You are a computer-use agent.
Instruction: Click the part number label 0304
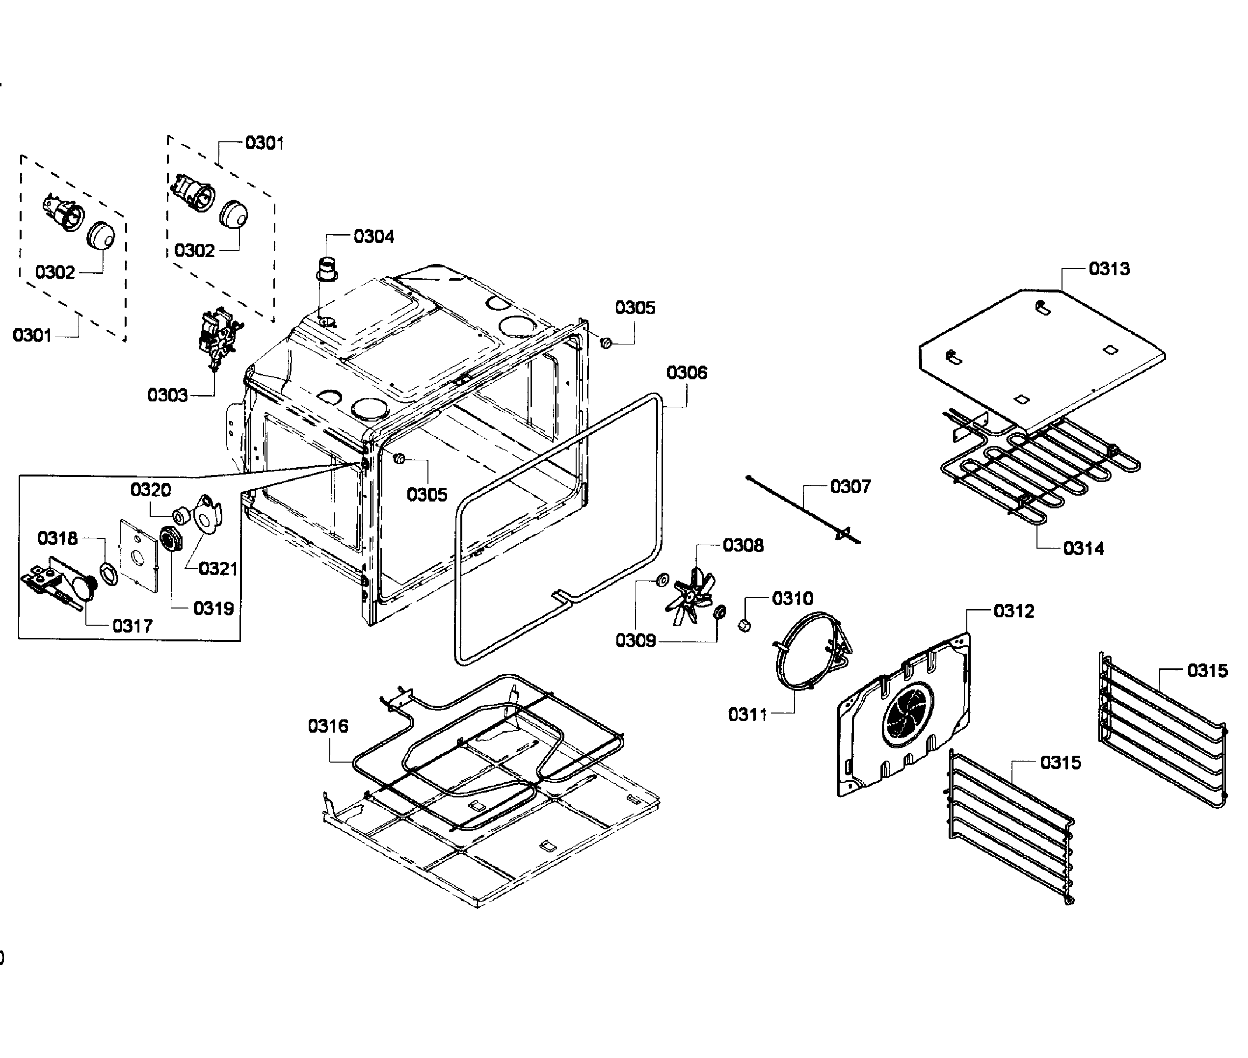[x=373, y=237]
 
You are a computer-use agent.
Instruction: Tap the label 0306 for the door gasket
[x=687, y=372]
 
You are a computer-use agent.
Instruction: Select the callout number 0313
[x=1109, y=269]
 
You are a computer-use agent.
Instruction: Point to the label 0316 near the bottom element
[x=327, y=726]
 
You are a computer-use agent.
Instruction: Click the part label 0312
[x=1013, y=610]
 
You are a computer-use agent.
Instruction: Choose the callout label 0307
[x=850, y=486]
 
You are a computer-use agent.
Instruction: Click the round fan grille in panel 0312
[x=907, y=714]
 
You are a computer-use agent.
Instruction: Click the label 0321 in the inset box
[x=218, y=569]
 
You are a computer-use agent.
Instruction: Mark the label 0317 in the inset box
[x=132, y=626]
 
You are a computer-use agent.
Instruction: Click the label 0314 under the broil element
[x=1083, y=548]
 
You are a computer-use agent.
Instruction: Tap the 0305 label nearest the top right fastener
[x=635, y=308]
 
